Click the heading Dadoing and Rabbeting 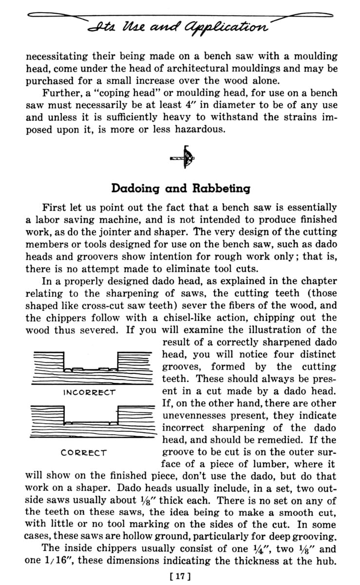181,188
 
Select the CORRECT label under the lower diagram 84,452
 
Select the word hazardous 196,129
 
